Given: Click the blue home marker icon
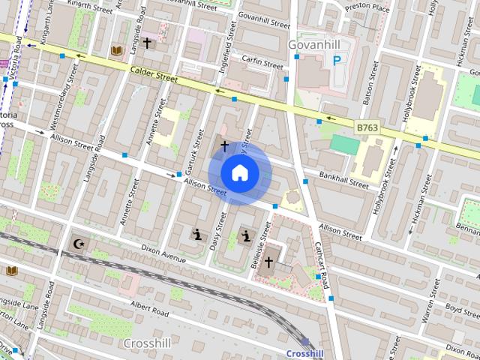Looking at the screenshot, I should pyautogui.click(x=240, y=172).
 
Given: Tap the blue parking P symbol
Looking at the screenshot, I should pyautogui.click(x=337, y=59).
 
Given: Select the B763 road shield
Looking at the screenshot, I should pyautogui.click(x=367, y=128).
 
